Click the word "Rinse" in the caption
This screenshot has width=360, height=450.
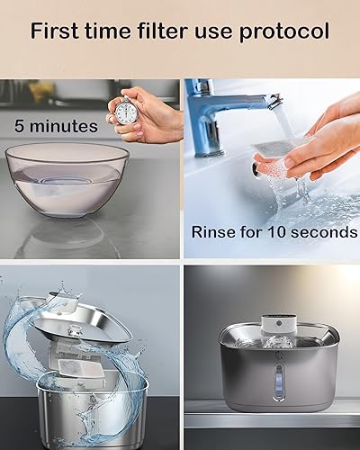(x=211, y=232)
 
